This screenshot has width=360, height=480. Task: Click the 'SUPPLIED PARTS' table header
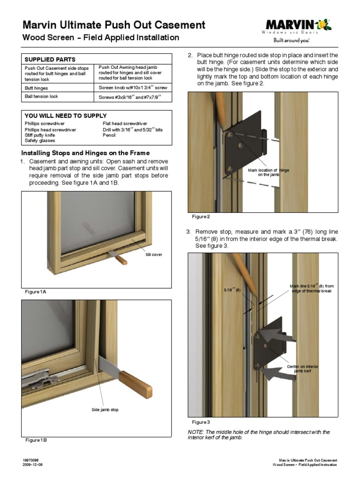50,60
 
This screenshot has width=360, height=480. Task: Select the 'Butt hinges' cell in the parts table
36,88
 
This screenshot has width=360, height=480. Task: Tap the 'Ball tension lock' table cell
41,97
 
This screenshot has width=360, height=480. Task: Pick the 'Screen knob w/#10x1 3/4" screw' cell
133,88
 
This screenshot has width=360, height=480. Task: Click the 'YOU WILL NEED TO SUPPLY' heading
65,115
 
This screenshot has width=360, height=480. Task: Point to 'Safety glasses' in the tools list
40,141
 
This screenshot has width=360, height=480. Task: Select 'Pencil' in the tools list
109,135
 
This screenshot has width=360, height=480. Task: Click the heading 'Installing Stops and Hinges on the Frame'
86,153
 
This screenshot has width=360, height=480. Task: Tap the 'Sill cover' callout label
154,255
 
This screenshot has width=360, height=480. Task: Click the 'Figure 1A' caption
36,292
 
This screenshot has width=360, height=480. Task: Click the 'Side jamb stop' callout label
105,410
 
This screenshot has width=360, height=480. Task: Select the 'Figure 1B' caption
36,440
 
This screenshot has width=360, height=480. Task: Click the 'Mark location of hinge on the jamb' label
269,172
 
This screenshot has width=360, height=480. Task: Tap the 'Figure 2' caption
201,217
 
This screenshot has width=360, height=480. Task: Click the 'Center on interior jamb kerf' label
302,368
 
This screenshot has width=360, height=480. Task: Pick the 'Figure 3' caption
201,422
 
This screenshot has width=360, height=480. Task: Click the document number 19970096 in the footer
30,461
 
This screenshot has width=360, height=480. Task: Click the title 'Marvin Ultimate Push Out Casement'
114,25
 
